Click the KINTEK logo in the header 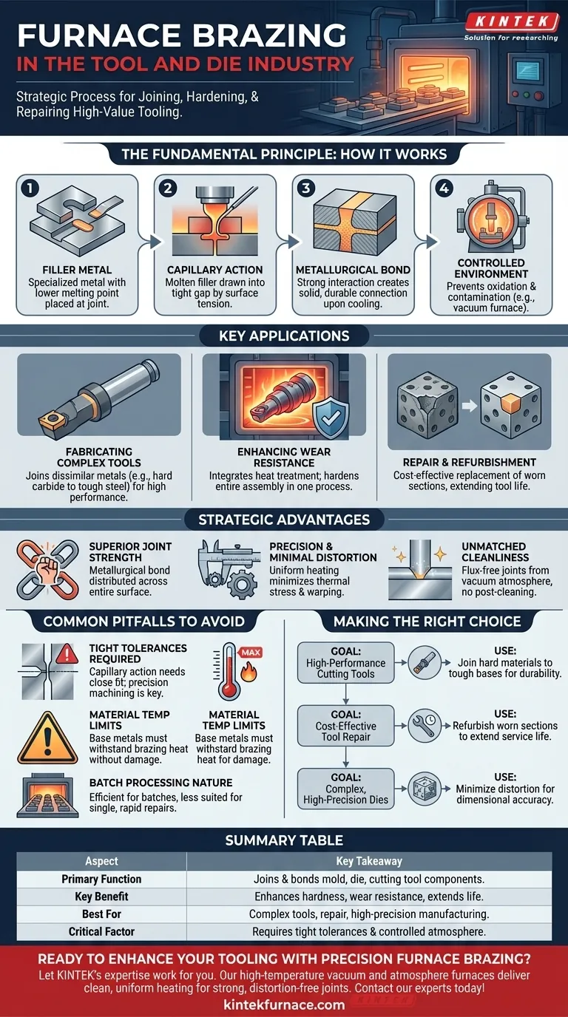click(512, 21)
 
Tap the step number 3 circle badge click(306, 188)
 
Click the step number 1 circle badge click(30, 188)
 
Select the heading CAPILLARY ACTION click(215, 270)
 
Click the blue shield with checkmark click(331, 419)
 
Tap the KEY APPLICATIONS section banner click(284, 336)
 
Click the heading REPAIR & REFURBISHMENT click(470, 462)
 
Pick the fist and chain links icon click(47, 568)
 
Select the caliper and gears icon click(229, 568)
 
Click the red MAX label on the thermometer click(251, 653)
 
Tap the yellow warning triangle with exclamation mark click(47, 738)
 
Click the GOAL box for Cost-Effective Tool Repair click(346, 726)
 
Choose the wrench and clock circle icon click(425, 726)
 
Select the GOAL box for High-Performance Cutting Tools click(346, 662)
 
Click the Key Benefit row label click(102, 897)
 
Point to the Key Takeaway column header click(369, 861)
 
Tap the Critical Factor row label click(102, 932)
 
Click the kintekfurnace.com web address click(284, 1004)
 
